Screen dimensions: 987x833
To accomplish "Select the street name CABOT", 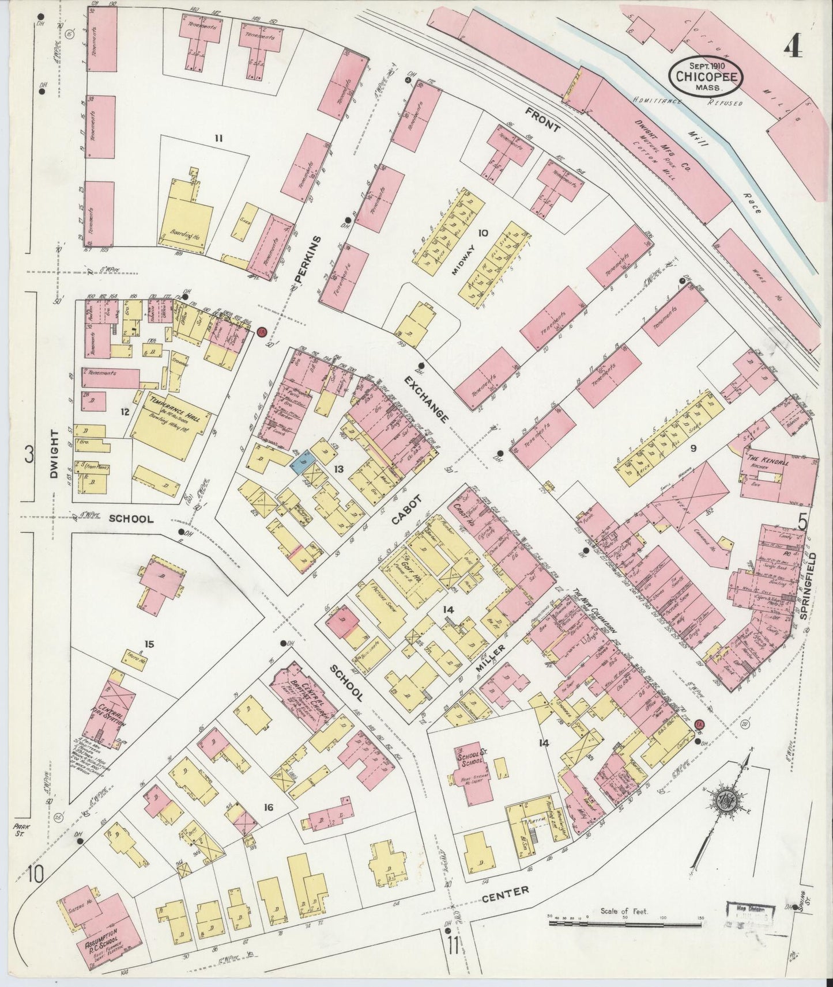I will [405, 511].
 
